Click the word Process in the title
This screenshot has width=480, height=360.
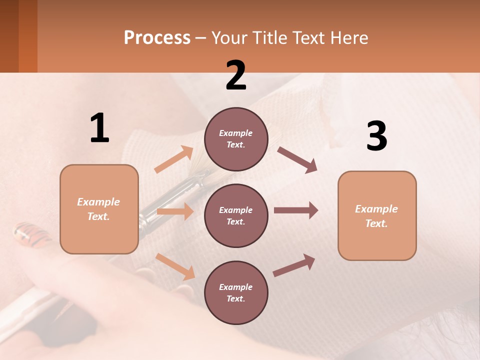(157, 38)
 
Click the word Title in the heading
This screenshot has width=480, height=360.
(268, 38)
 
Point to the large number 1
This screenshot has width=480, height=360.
(99, 128)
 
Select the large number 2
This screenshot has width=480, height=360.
(236, 75)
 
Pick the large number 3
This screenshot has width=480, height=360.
(376, 136)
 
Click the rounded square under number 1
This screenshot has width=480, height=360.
(99, 209)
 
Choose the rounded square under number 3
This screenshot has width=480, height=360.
(377, 216)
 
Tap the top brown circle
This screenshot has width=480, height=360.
(236, 139)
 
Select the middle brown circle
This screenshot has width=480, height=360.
(236, 216)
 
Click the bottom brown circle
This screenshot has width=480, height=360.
(236, 293)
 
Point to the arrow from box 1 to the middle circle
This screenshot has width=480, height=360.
(175, 211)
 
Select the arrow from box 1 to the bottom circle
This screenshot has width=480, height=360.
(175, 266)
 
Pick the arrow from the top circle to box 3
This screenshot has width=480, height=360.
(297, 159)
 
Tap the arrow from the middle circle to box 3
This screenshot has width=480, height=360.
(296, 210)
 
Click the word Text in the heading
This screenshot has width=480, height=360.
(308, 38)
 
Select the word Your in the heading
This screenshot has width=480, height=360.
(229, 38)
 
